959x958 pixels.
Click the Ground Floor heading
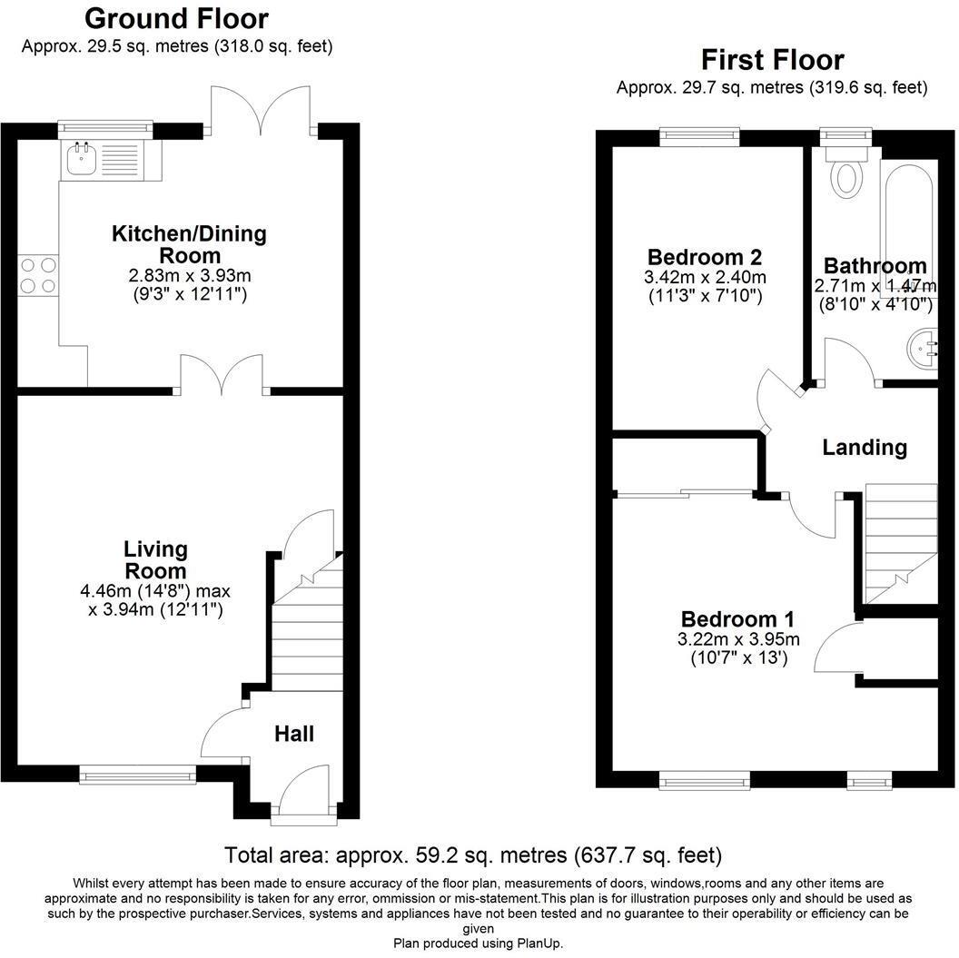point(177,18)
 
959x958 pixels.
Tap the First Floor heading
point(772,60)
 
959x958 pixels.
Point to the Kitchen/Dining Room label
point(189,244)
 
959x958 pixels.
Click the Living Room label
point(155,560)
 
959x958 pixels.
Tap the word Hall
point(294,733)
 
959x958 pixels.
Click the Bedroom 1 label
point(737,619)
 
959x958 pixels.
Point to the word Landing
point(865,448)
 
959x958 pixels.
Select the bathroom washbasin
point(923,348)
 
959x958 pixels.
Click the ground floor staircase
point(306,627)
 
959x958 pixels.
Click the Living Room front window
point(137,775)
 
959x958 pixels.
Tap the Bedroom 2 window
point(699,138)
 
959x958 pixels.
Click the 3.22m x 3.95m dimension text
point(737,638)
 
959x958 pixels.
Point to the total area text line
point(473,854)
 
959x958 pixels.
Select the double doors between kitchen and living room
point(222,373)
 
